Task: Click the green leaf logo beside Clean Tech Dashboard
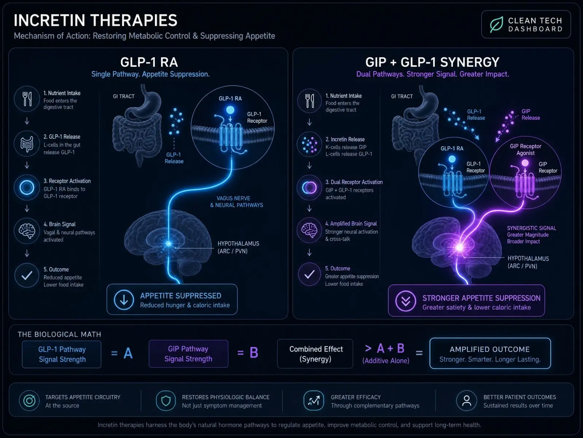point(496,24)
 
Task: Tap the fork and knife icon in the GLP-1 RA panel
point(27,99)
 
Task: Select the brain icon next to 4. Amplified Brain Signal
point(309,230)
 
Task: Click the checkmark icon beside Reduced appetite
point(27,275)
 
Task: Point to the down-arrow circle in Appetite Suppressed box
point(124,300)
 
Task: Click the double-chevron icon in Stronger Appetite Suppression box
point(406,301)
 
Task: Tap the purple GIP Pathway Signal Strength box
point(188,354)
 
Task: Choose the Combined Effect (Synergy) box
point(315,354)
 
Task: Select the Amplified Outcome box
point(490,353)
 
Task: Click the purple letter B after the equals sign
point(254,353)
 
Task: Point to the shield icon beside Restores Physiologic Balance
point(166,400)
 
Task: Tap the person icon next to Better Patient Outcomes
point(466,400)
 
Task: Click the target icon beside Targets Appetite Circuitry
point(29,400)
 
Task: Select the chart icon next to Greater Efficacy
point(314,400)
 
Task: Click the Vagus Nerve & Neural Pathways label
point(236,201)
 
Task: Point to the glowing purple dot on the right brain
point(459,248)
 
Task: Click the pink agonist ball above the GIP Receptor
point(525,163)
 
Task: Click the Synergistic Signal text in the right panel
point(532,228)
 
